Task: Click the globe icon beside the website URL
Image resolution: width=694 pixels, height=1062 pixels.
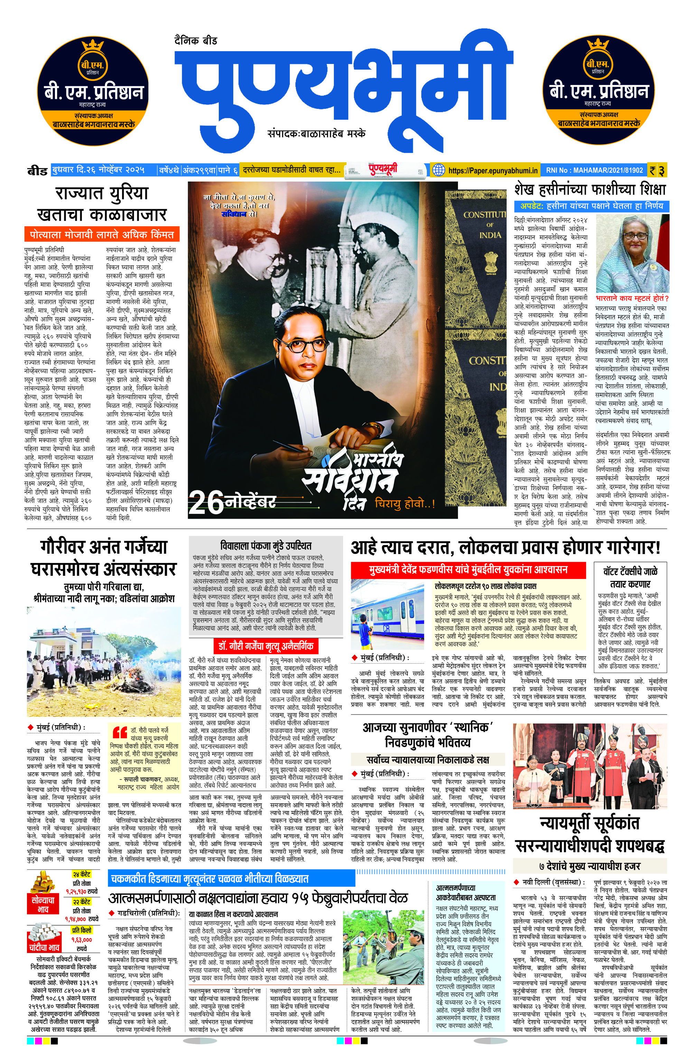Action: click(x=439, y=170)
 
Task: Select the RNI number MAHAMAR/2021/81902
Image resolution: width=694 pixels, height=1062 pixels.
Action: click(x=594, y=170)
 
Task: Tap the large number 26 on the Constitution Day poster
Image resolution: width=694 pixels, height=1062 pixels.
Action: click(x=206, y=503)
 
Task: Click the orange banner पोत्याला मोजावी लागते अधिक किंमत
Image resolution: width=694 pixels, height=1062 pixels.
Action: click(x=102, y=234)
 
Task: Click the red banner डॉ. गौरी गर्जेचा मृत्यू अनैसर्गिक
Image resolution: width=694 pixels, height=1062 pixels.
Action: click(x=266, y=646)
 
